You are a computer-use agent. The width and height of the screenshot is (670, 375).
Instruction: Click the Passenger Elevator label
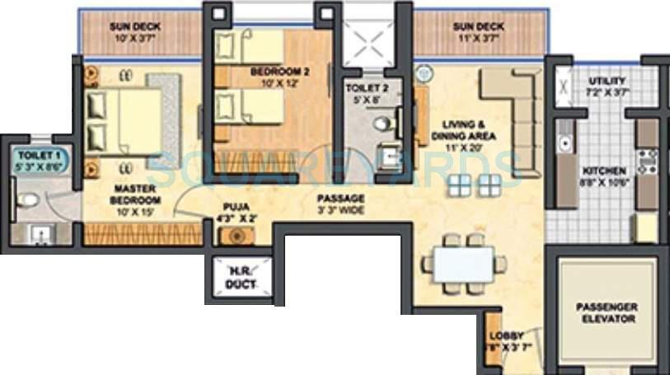tap(605, 312)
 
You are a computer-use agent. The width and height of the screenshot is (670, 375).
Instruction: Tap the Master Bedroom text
tap(137, 195)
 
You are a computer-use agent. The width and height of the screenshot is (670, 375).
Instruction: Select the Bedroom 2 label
tap(280, 77)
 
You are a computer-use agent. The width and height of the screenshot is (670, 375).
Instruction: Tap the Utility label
tap(607, 87)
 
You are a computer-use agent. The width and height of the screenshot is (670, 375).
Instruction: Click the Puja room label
tap(235, 213)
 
